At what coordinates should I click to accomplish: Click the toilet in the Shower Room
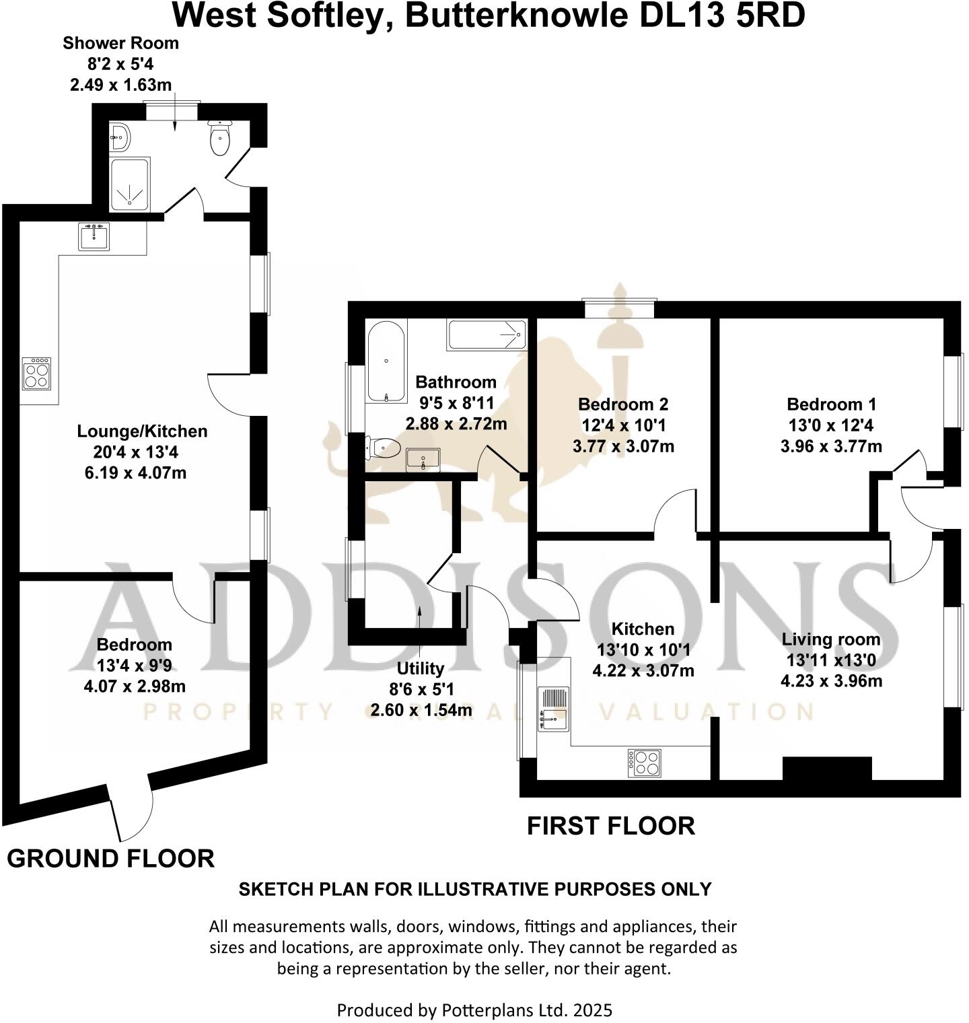[220, 139]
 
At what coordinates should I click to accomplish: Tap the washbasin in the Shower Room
[121, 137]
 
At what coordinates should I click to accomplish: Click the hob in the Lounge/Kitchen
[36, 374]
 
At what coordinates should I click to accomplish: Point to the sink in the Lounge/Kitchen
[94, 237]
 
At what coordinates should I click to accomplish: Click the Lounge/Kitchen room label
[142, 431]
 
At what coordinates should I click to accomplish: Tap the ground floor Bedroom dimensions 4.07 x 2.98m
[135, 687]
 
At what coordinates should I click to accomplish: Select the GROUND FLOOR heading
[110, 859]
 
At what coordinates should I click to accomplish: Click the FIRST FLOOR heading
[610, 826]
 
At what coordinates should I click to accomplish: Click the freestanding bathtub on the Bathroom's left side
[386, 362]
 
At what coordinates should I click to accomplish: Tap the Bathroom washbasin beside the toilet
[423, 460]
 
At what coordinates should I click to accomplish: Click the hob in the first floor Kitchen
[644, 763]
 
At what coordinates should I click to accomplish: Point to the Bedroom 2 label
[623, 404]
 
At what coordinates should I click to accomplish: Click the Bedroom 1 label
[831, 404]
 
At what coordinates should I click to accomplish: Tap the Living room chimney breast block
[827, 769]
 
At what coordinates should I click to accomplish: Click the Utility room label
[420, 668]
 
